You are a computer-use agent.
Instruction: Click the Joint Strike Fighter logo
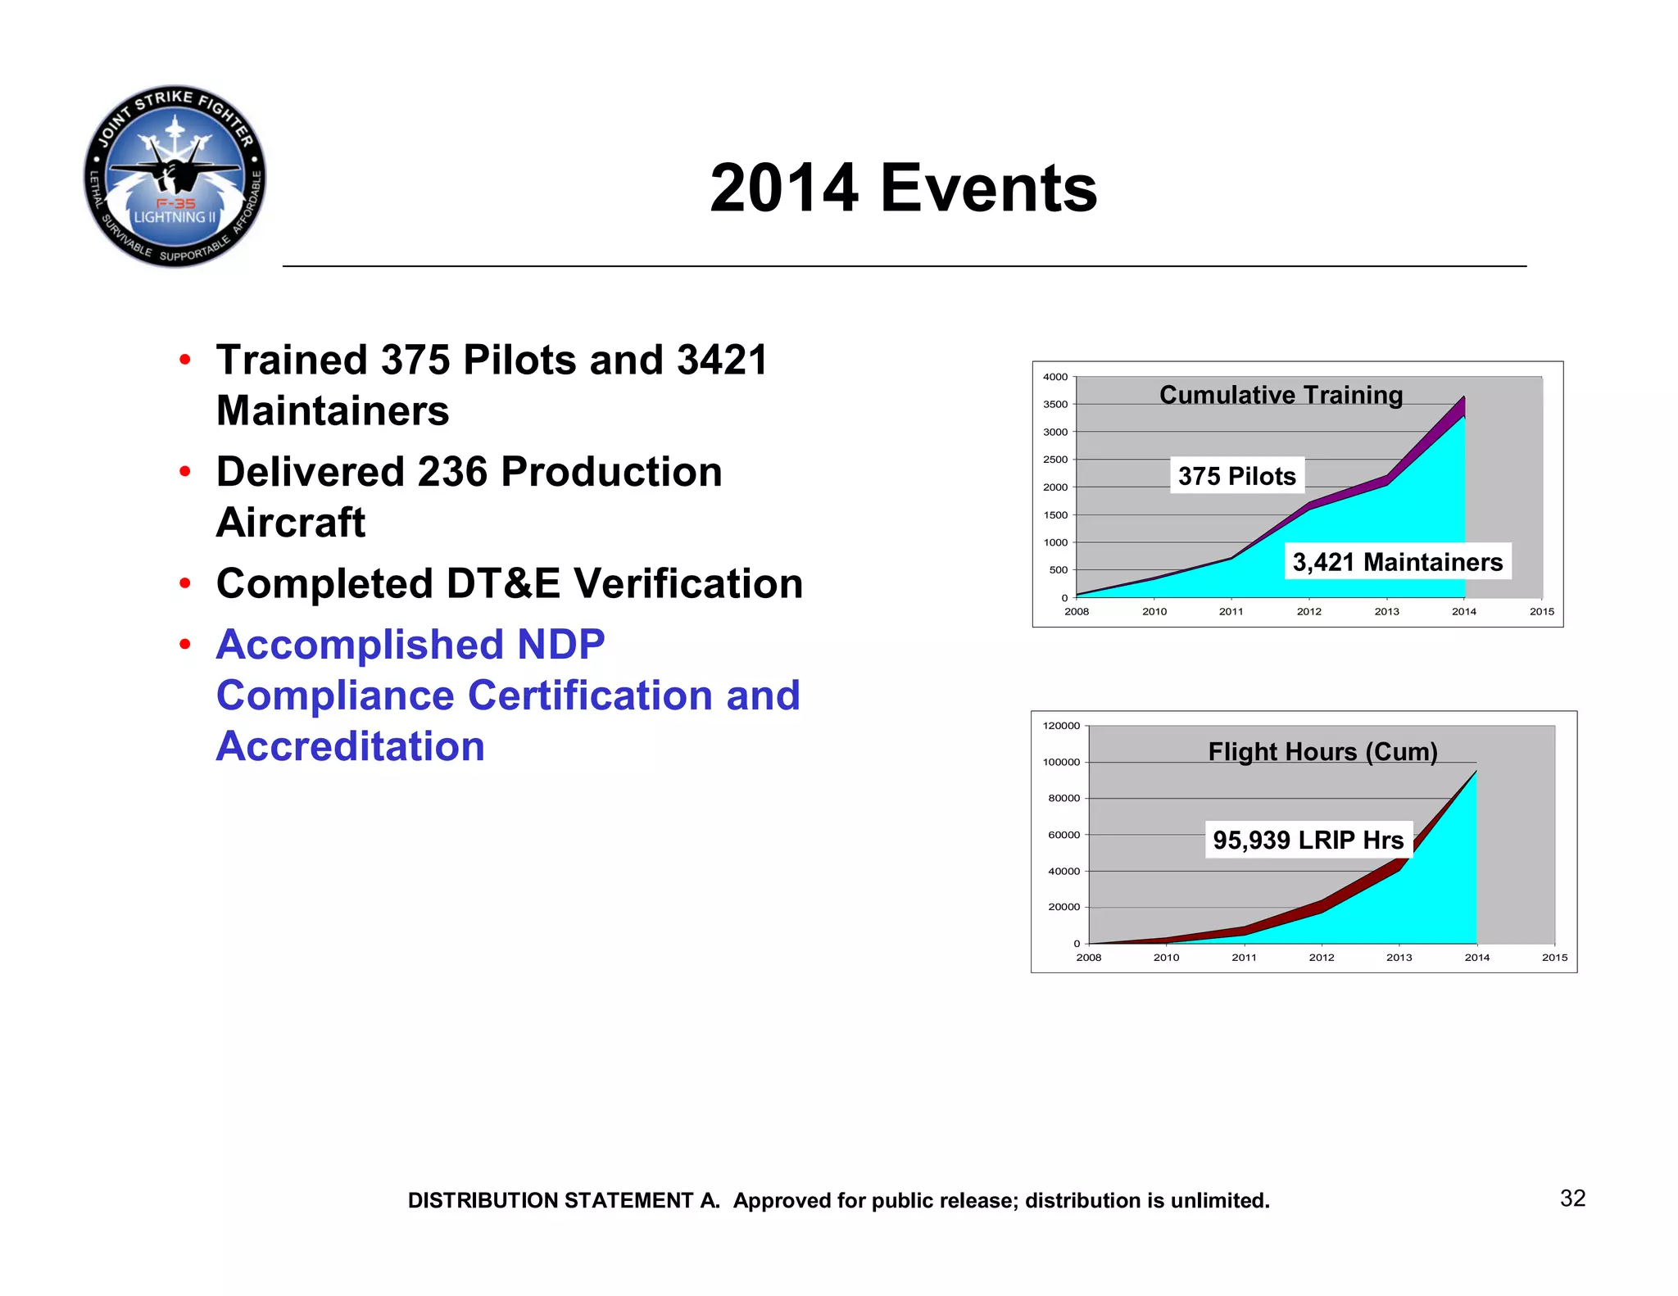tap(175, 176)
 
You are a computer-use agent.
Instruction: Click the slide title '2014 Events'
tap(903, 188)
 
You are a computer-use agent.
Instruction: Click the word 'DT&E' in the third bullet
tap(503, 584)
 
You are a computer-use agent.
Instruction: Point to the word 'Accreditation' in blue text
tap(351, 746)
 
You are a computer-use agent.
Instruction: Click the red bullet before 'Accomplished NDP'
tap(185, 645)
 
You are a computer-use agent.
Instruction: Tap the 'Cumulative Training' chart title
tap(1281, 395)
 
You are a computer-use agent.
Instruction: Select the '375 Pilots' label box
tap(1236, 476)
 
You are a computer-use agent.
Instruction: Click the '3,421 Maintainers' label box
tap(1397, 562)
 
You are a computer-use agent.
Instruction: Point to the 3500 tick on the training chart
tap(1055, 405)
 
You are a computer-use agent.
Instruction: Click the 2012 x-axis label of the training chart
tap(1308, 612)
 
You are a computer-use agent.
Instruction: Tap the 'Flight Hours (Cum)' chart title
tap(1322, 752)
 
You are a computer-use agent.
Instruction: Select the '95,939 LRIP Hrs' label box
tap(1308, 841)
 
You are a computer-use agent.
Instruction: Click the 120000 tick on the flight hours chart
tap(1061, 726)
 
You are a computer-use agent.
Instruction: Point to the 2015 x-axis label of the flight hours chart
tap(1554, 958)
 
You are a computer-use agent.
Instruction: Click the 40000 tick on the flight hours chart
tap(1063, 872)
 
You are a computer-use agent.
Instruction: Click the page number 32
tap(1572, 1199)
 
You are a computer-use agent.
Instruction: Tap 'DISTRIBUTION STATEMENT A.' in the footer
tap(564, 1201)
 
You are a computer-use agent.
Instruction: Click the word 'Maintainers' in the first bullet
tap(333, 411)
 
